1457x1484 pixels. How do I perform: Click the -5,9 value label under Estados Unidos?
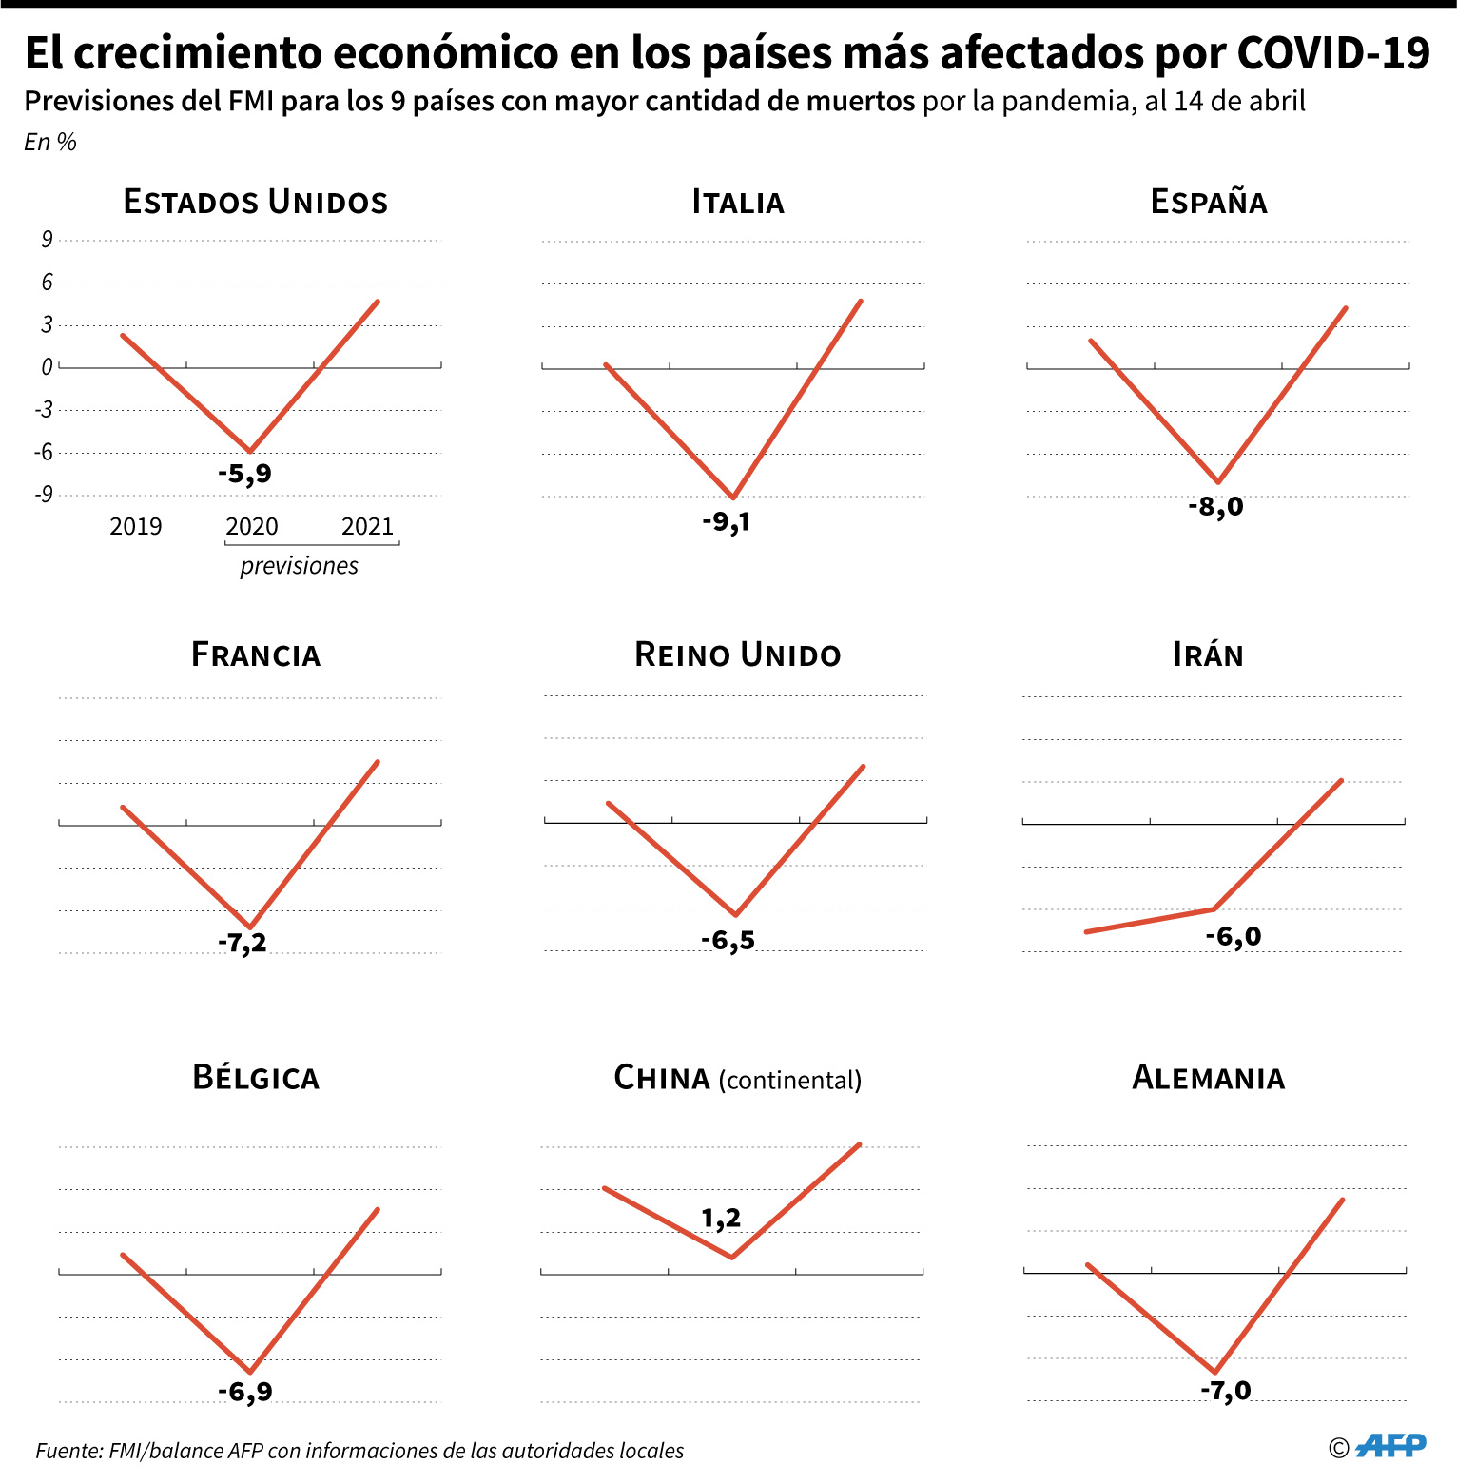coord(244,474)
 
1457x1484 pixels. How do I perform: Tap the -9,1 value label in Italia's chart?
coord(727,521)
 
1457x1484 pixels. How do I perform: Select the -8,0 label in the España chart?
coord(1215,506)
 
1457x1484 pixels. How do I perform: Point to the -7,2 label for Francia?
coord(243,943)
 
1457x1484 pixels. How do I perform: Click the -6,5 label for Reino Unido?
coord(728,941)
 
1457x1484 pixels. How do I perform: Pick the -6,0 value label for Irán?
coord(1234,937)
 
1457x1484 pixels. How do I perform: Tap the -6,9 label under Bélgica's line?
coord(245,1392)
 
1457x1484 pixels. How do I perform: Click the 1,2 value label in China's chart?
coord(721,1219)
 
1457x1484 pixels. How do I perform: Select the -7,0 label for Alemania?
coord(1226,1391)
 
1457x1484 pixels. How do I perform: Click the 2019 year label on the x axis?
coord(136,526)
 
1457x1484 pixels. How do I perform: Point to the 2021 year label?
coord(368,526)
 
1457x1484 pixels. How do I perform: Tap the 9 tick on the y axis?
coord(47,239)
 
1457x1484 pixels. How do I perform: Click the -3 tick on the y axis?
coord(43,409)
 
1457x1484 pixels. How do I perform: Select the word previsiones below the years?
coord(300,565)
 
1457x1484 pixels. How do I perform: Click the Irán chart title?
coord(1209,654)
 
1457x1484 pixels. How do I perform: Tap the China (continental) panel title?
coord(738,1078)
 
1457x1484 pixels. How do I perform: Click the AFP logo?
coord(1390,1446)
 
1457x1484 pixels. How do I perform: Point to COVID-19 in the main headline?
coord(1333,53)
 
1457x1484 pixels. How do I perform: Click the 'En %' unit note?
coord(50,142)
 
